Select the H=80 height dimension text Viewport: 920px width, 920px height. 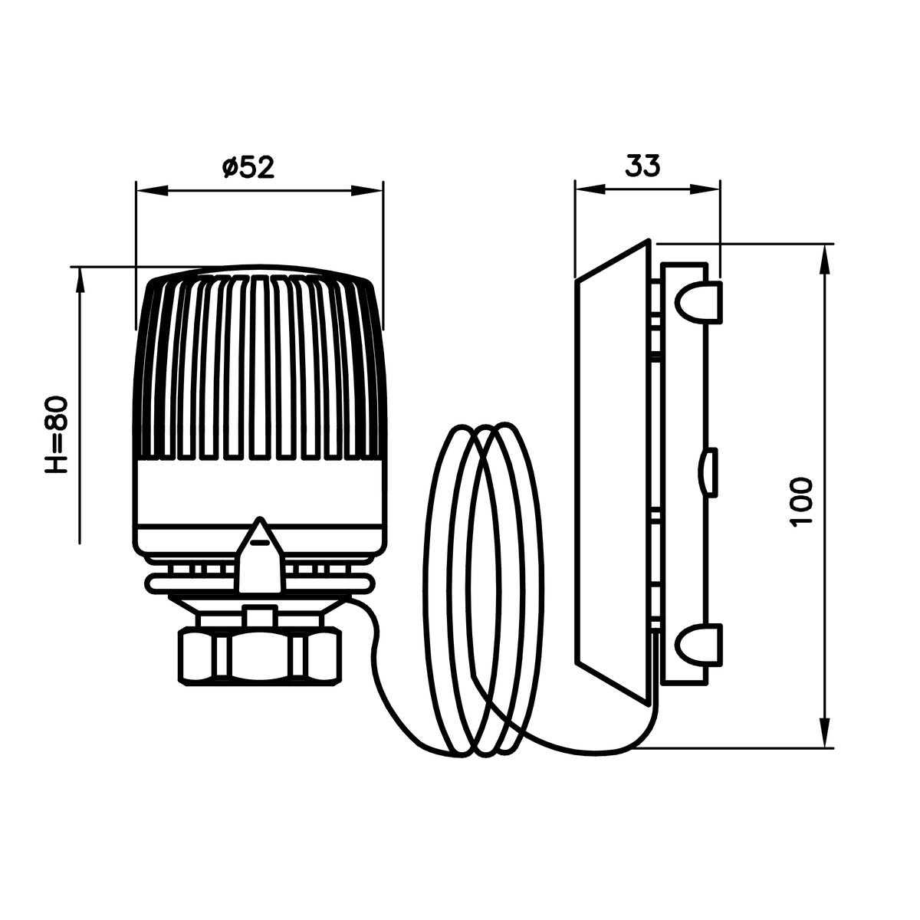[58, 435]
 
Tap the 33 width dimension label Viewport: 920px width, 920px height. [642, 165]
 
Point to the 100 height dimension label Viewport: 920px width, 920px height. [801, 501]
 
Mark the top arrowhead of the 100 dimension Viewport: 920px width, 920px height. [825, 259]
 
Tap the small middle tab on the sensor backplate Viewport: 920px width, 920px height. [710, 472]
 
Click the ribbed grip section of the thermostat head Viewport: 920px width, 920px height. [258, 368]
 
